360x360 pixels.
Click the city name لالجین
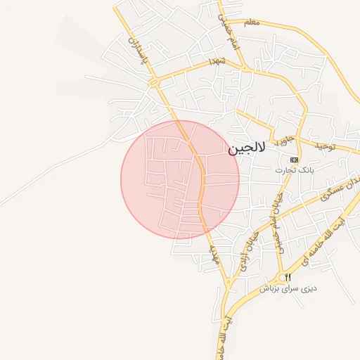(247, 149)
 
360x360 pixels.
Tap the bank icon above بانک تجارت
(294, 160)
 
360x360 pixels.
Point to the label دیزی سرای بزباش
(288, 288)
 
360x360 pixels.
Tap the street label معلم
(252, 22)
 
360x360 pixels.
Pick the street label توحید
(326, 146)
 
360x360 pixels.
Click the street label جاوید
(283, 139)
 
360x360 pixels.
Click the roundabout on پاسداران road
(154, 82)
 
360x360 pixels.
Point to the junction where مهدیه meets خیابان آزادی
(229, 283)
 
